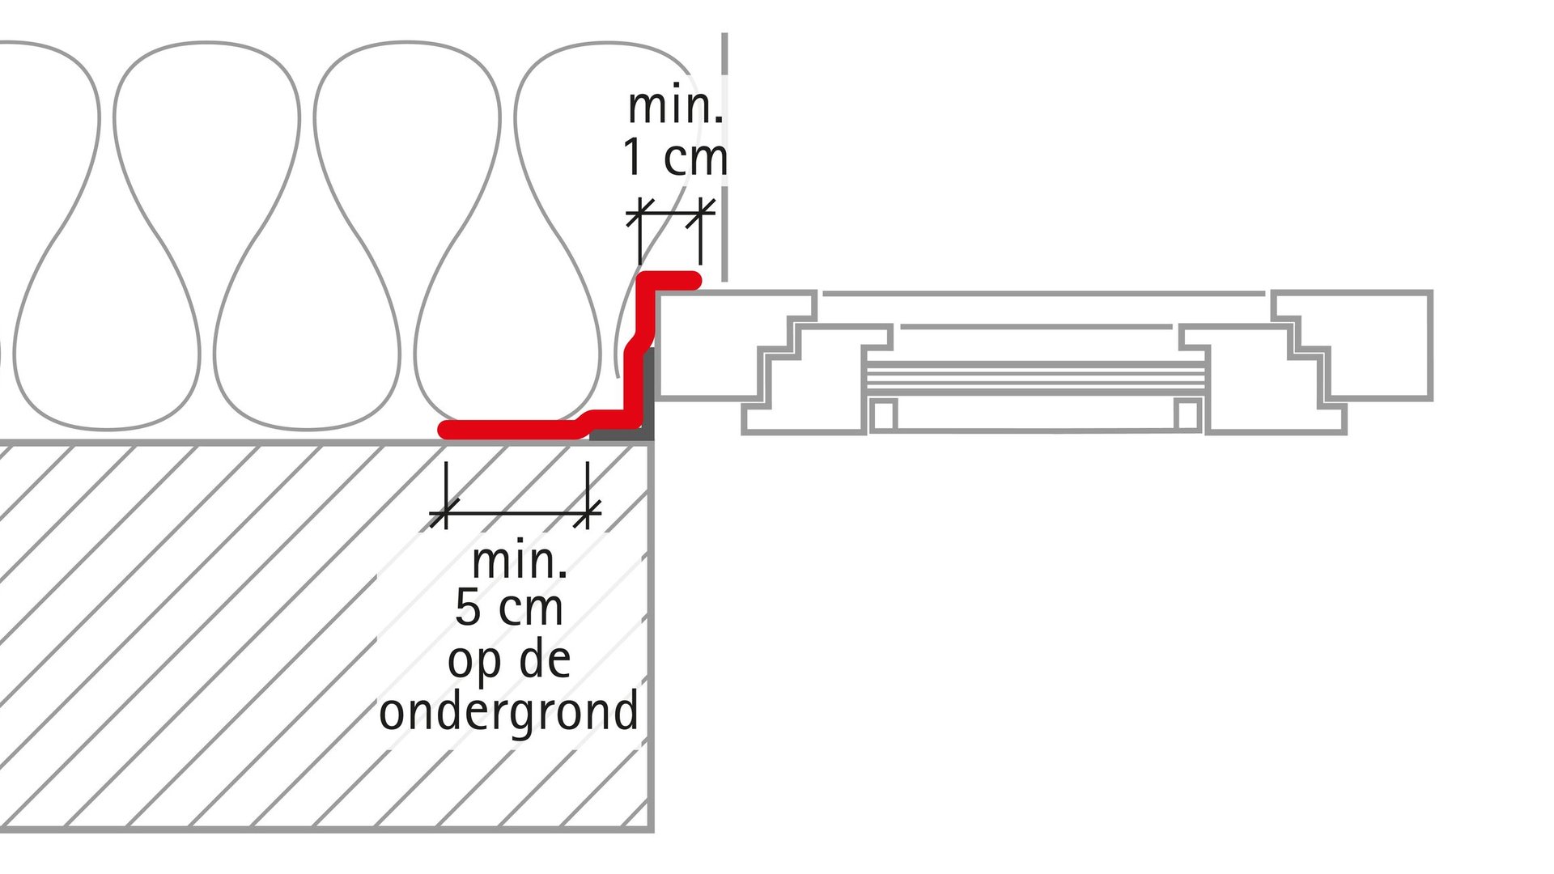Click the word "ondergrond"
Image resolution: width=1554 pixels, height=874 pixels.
click(x=509, y=712)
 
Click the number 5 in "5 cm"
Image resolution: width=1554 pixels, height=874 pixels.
click(x=468, y=607)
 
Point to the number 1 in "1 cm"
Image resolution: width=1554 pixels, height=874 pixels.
click(x=634, y=157)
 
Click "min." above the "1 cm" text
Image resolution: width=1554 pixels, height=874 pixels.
click(x=675, y=106)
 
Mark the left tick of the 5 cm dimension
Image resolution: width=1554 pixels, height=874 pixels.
click(x=444, y=513)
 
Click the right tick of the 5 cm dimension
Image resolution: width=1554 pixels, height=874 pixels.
click(x=587, y=513)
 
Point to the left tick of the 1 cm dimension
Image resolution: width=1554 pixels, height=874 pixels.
click(x=640, y=214)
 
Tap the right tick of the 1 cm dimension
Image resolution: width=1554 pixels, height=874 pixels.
click(x=700, y=214)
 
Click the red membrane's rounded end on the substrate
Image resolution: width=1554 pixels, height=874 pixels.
click(x=446, y=430)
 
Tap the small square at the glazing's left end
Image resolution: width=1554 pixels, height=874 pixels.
click(x=883, y=414)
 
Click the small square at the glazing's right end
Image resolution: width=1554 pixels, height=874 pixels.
click(x=1188, y=414)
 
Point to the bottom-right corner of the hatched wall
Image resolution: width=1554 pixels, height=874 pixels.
click(x=652, y=829)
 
